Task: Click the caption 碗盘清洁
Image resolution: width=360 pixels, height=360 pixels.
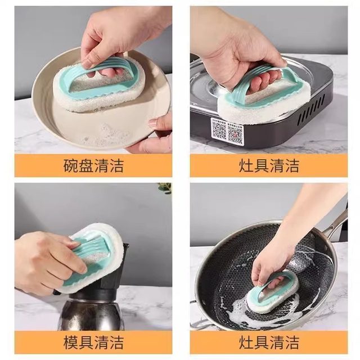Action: point(94,166)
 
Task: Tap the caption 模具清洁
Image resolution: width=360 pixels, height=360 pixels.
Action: point(94,342)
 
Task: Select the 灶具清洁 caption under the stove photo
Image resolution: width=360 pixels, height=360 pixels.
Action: point(269,166)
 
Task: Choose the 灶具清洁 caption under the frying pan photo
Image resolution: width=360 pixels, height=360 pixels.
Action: point(269,342)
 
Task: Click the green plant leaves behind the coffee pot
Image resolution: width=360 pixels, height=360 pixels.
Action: point(165,188)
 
